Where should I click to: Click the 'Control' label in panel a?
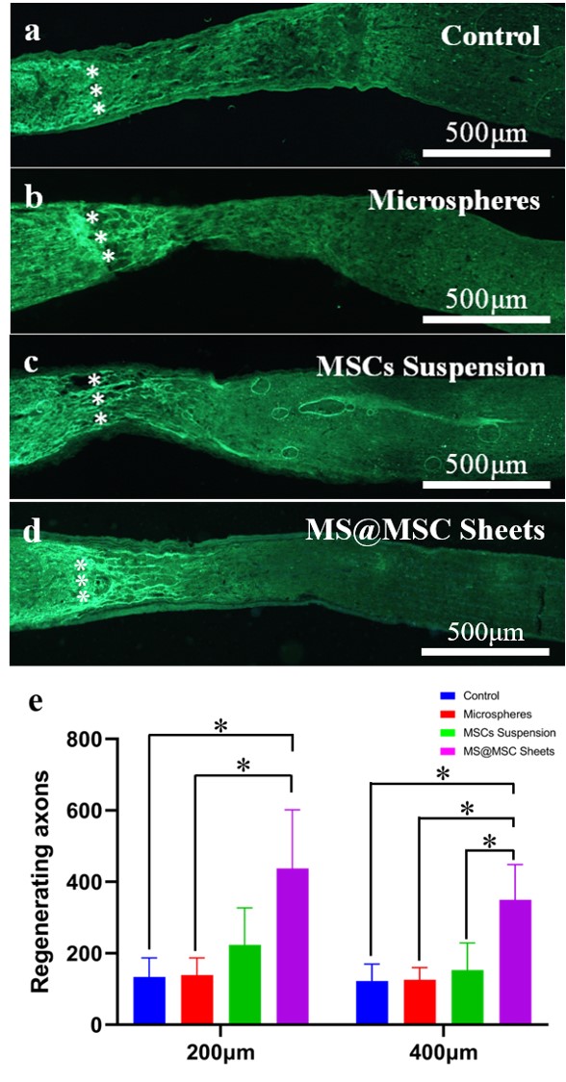(490, 35)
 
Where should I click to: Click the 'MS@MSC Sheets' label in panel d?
(425, 531)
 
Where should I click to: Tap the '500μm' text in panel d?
(485, 631)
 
